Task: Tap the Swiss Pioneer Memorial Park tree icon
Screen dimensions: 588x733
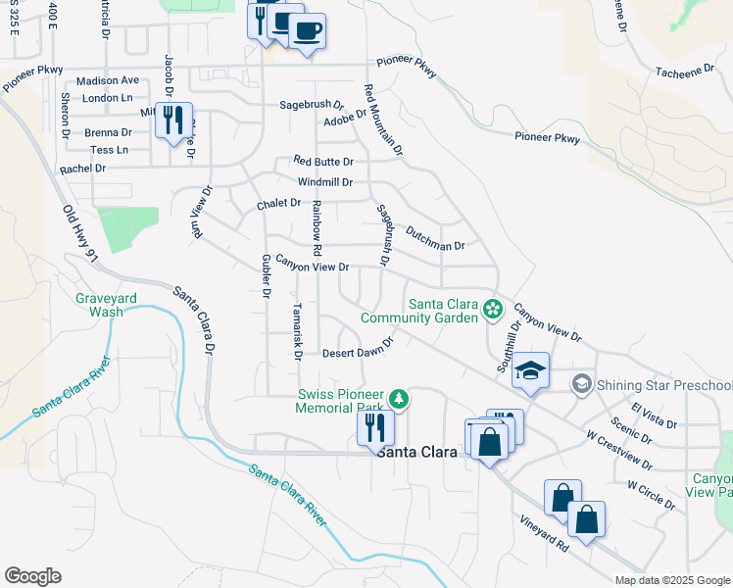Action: [x=399, y=399]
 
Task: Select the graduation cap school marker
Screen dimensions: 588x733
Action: [x=530, y=370]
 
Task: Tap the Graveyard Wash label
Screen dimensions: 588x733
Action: [x=100, y=305]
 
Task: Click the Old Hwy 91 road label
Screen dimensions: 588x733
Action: [x=81, y=233]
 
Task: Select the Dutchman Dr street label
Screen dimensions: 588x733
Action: [x=434, y=235]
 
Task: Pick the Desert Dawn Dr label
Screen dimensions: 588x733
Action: [x=358, y=350]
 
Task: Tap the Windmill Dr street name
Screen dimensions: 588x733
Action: [x=324, y=182]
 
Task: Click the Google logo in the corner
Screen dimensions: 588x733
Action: [x=32, y=575]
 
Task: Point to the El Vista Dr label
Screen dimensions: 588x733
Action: [x=655, y=416]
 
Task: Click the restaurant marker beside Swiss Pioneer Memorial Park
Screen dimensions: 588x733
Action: [x=375, y=427]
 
